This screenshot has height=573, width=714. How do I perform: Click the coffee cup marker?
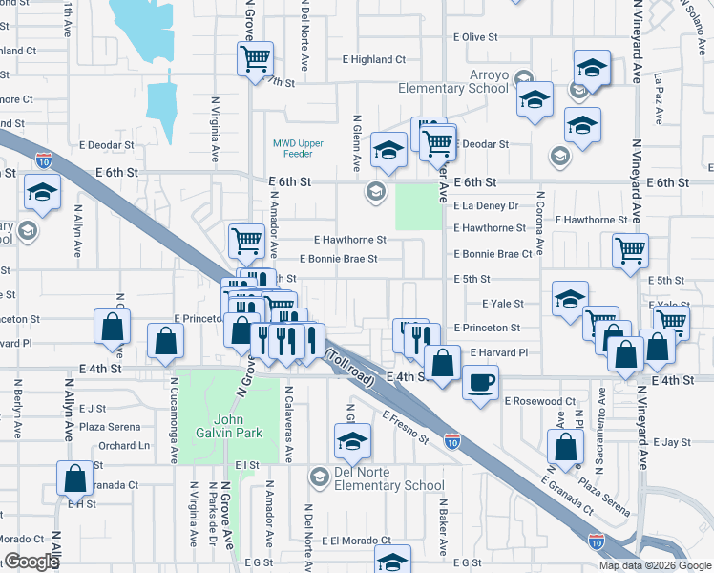click(x=479, y=381)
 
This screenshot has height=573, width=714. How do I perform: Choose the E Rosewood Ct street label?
click(x=540, y=401)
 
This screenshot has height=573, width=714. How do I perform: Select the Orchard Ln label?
click(x=124, y=445)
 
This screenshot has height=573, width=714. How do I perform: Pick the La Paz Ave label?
click(x=658, y=101)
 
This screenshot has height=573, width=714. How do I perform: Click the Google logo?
click(x=31, y=562)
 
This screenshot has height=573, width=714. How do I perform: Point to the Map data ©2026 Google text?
click(x=655, y=564)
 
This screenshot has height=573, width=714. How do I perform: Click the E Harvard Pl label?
click(x=498, y=352)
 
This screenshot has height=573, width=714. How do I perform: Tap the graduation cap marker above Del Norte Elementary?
click(x=352, y=442)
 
